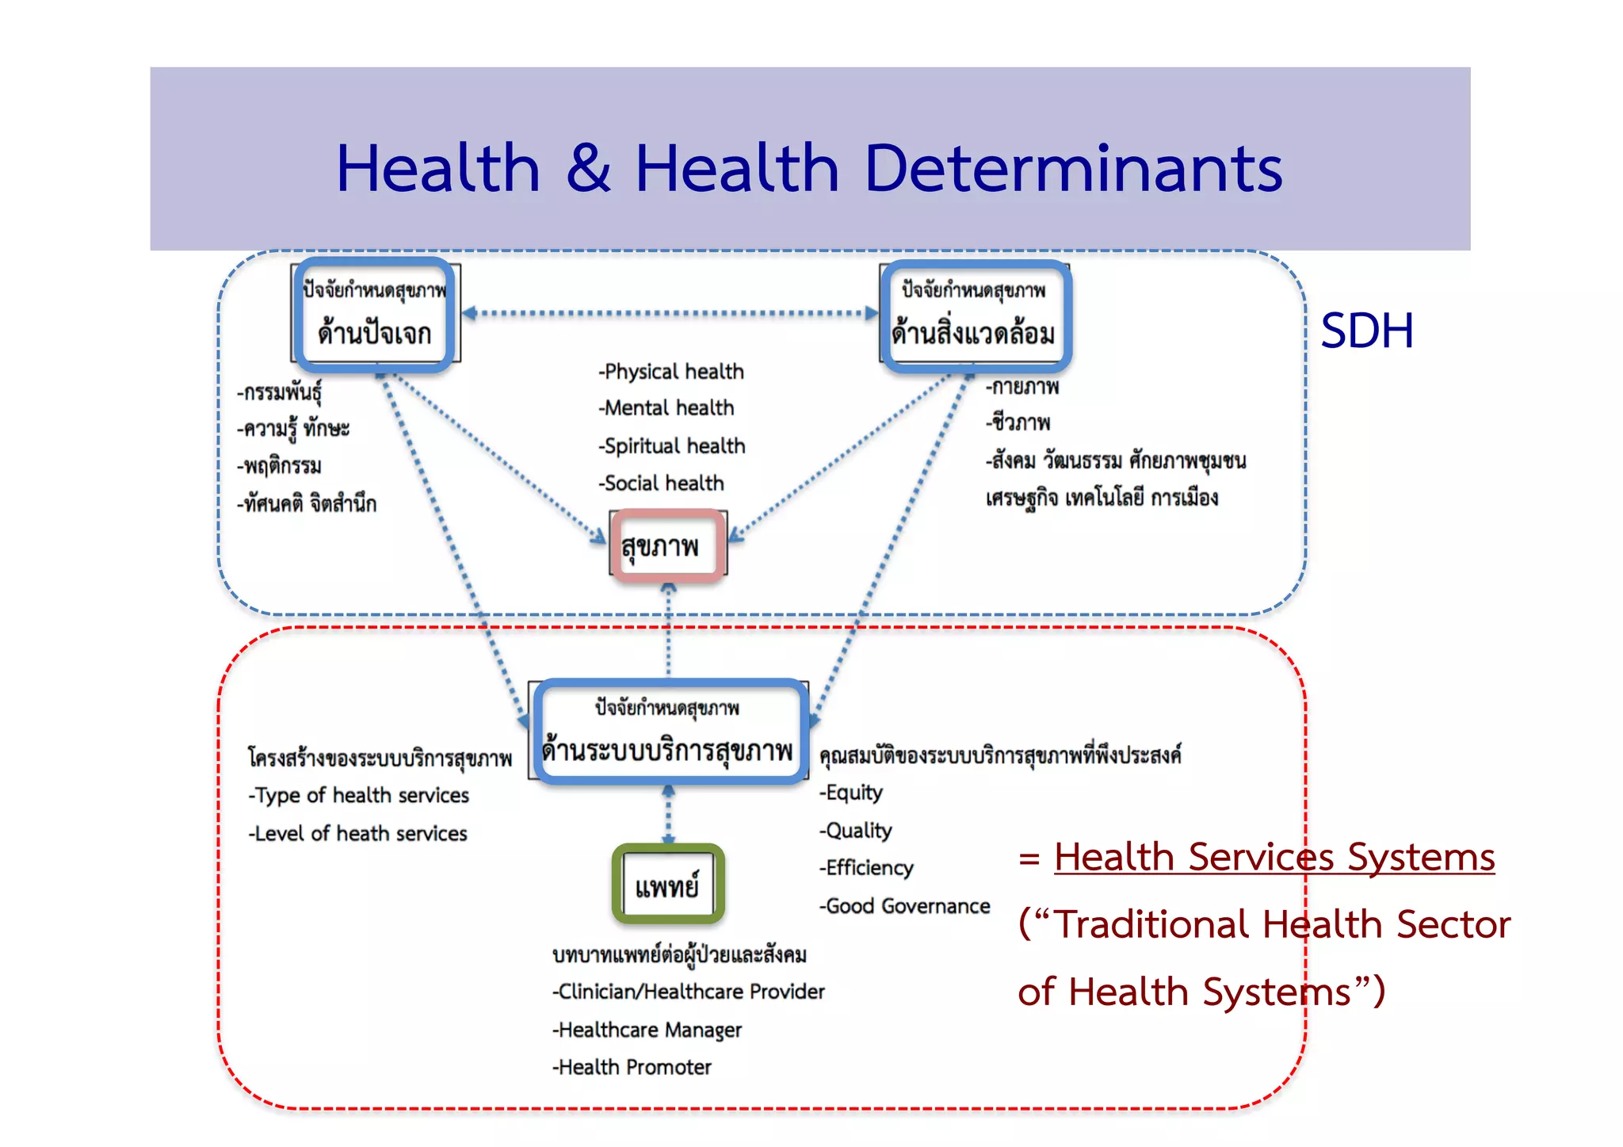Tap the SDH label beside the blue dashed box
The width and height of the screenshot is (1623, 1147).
1367,331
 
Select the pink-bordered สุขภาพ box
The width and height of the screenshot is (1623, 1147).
667,546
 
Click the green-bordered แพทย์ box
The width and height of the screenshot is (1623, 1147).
668,885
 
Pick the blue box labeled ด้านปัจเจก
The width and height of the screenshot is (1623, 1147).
375,315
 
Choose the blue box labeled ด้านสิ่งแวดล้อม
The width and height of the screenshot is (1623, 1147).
976,316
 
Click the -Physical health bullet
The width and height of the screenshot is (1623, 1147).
671,371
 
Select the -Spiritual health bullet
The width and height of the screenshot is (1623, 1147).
672,445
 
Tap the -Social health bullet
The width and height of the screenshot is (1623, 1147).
662,483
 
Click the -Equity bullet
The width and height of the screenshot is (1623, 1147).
851,793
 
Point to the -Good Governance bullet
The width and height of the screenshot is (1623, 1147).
904,906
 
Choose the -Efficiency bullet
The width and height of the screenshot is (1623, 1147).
866,868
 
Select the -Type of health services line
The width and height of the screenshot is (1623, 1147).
359,795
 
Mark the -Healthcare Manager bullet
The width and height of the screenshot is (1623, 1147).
647,1030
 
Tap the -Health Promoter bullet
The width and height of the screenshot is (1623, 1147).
632,1067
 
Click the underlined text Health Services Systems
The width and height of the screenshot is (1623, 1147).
1274,857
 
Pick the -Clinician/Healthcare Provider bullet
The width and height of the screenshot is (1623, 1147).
689,992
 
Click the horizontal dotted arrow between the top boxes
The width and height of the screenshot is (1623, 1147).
670,313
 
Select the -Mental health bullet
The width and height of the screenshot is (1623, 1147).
666,407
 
